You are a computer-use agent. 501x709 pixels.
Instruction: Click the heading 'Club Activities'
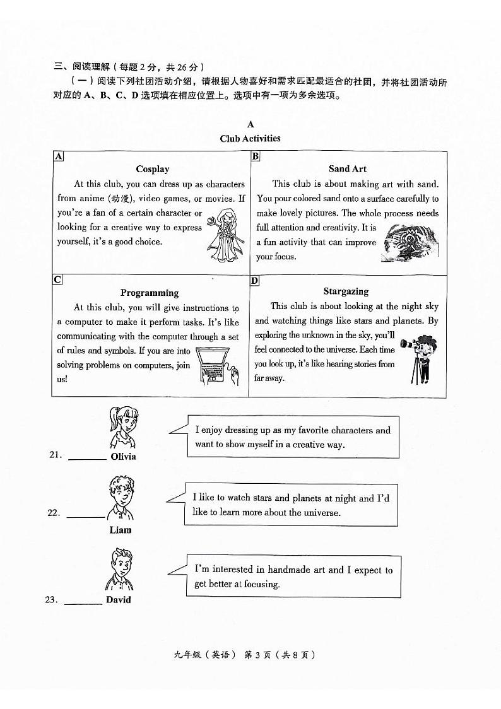(250, 139)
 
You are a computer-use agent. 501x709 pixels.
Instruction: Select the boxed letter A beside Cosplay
(58, 156)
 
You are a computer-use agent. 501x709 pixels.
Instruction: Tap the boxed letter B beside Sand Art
(256, 156)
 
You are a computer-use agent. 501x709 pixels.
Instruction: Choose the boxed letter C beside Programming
(57, 279)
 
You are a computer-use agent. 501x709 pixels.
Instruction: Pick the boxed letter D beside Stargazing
(255, 280)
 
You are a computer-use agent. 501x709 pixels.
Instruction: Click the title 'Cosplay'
(153, 169)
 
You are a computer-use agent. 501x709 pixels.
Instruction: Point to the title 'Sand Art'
(347, 168)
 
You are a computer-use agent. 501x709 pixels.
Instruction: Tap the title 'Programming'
(150, 293)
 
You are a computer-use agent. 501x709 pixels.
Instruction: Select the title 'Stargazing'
(346, 291)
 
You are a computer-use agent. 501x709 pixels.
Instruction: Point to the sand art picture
(410, 245)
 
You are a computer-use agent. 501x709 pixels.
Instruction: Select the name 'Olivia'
(123, 457)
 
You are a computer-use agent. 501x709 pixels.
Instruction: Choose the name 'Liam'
(120, 530)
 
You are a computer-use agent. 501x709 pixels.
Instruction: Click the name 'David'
(119, 600)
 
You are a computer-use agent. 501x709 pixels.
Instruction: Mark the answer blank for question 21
(87, 459)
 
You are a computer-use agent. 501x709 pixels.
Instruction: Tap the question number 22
(54, 513)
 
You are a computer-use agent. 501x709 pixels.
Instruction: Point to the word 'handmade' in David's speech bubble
(305, 570)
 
